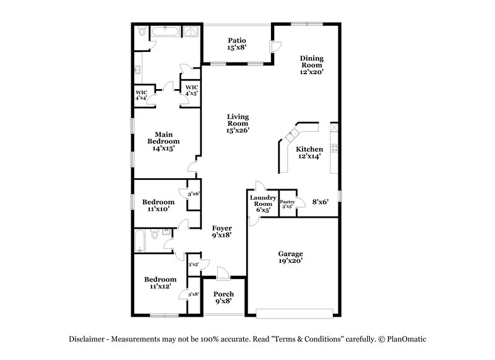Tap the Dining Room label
coord(312,65)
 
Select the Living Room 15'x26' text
coord(238,123)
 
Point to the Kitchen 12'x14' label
coord(309,153)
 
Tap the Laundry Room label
coord(262,204)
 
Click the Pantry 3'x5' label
coord(287,204)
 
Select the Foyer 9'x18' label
coord(222,231)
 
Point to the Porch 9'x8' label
coord(223,298)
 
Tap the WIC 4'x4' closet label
coord(141,95)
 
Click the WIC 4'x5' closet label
coord(192,90)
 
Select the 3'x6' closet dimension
coord(193,194)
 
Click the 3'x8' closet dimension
coord(193,294)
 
